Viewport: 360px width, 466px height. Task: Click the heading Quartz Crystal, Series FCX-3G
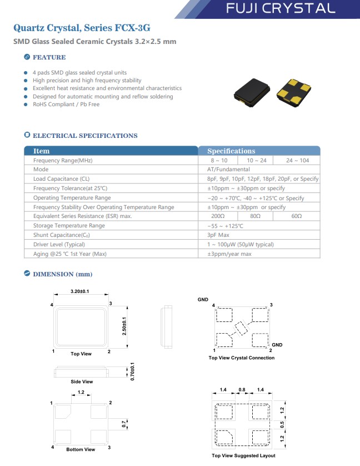coord(81,27)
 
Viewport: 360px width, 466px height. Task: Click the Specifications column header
coord(231,151)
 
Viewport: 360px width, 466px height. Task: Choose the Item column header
coord(41,151)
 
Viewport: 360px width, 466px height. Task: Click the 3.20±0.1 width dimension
coord(81,292)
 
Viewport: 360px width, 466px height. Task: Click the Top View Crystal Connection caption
coord(241,358)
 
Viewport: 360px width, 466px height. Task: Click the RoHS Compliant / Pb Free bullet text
coord(66,105)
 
